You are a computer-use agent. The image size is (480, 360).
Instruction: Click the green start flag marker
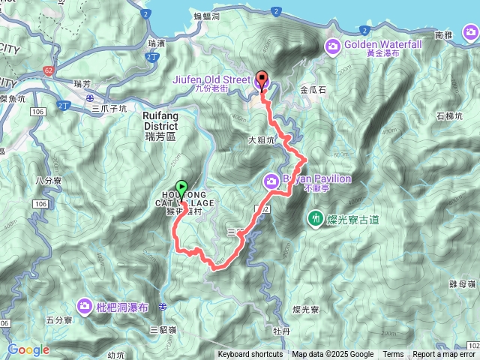181,187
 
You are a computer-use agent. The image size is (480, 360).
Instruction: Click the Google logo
28,349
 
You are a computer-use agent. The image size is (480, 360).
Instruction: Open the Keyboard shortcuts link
250,355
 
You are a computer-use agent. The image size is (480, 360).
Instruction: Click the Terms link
393,355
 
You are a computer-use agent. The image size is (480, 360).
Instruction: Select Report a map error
445,355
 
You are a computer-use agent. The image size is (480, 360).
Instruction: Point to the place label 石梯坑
450,115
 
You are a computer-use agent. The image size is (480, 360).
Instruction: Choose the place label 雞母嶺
463,284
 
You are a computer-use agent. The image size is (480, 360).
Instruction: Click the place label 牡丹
282,328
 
